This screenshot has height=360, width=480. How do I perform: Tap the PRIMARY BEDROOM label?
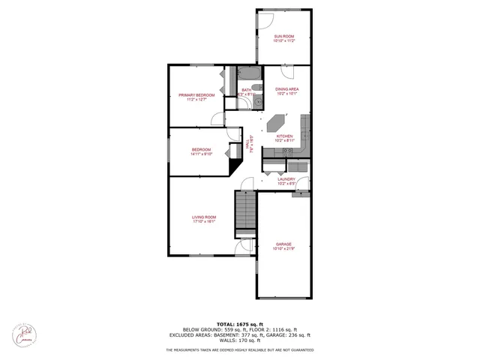(x=196, y=95)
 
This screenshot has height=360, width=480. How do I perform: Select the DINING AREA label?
(x=288, y=89)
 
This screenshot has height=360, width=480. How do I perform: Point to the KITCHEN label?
(x=283, y=136)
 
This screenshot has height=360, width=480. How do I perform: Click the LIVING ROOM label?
(x=204, y=217)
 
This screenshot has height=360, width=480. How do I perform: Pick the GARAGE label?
(x=283, y=244)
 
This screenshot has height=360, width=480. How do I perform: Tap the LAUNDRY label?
(x=286, y=179)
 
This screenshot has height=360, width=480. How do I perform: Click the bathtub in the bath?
(x=249, y=74)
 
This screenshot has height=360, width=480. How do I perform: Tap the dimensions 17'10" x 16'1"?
(x=204, y=222)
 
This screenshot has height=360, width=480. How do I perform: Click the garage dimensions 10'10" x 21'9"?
(x=283, y=248)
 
